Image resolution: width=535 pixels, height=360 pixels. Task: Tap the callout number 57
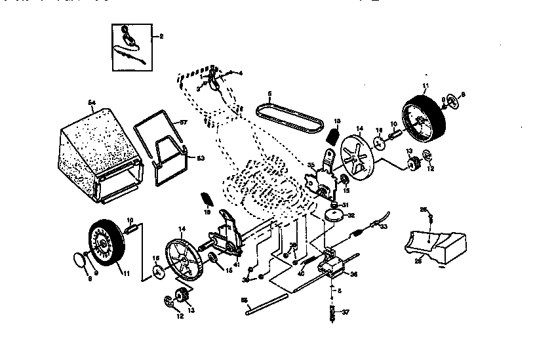pos(184,123)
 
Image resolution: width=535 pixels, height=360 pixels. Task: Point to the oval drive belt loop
pos(288,115)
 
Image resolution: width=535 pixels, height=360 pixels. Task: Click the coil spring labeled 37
pos(332,313)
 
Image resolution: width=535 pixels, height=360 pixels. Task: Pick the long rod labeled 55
pos(267,304)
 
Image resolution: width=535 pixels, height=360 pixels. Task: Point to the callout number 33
pos(384,226)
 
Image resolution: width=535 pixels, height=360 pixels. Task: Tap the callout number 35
pos(310,166)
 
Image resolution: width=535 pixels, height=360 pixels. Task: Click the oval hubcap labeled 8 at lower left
pos(79,259)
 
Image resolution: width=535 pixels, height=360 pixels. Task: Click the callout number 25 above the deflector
pos(423,209)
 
